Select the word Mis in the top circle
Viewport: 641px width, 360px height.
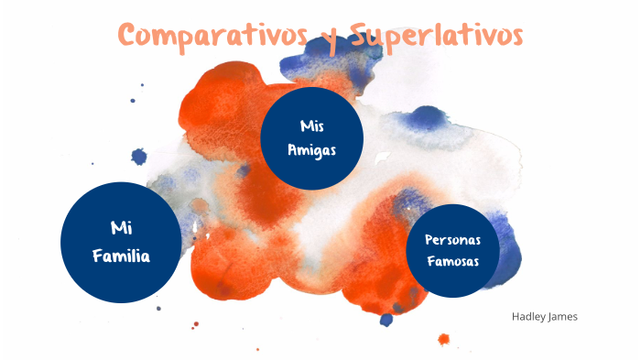click(x=312, y=125)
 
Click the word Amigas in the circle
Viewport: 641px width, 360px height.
click(x=312, y=149)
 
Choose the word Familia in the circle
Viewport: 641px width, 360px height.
click(x=121, y=256)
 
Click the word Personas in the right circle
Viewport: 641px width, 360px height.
click(x=453, y=239)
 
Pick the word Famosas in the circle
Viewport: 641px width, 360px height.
click(x=453, y=262)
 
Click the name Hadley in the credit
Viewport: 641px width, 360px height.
click(x=530, y=317)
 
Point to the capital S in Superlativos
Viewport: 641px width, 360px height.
click(x=354, y=36)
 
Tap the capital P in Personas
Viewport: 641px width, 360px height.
click(x=429, y=239)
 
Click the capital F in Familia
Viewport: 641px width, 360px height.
click(x=96, y=256)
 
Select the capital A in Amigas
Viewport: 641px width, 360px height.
click(x=292, y=149)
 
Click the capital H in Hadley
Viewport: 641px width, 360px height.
click(x=516, y=317)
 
